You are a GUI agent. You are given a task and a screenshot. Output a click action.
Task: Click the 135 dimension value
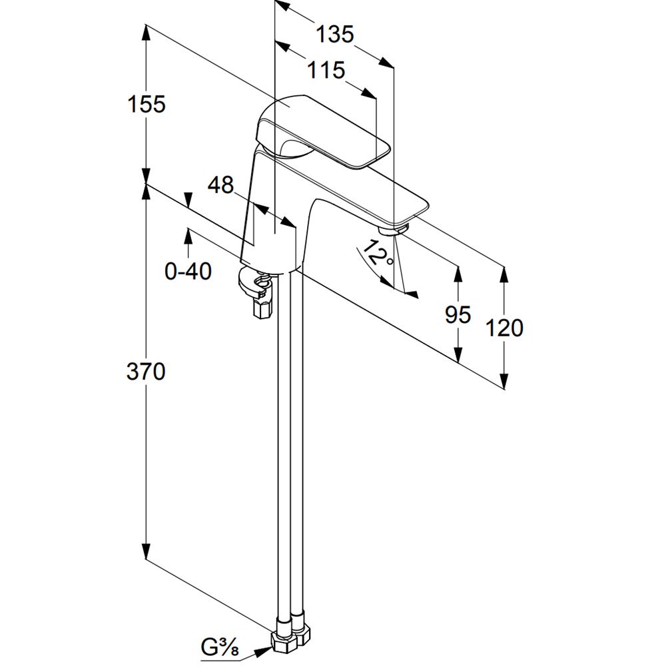pyautogui.click(x=334, y=35)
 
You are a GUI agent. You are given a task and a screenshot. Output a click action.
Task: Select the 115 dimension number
pyautogui.click(x=326, y=70)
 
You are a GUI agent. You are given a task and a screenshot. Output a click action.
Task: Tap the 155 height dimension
pyautogui.click(x=147, y=104)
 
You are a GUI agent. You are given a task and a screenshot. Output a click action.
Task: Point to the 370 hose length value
pyautogui.click(x=146, y=372)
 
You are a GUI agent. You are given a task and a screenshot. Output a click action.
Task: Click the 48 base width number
pyautogui.click(x=221, y=185)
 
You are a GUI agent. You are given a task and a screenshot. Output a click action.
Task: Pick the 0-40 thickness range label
pyautogui.click(x=188, y=271)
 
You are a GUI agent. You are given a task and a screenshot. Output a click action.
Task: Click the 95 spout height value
pyautogui.click(x=458, y=315)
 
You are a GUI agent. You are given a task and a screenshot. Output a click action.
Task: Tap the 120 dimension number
pyautogui.click(x=503, y=328)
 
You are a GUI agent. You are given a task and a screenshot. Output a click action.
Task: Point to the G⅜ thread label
pyautogui.click(x=220, y=647)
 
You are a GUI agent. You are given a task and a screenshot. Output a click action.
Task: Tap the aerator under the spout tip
pyautogui.click(x=393, y=228)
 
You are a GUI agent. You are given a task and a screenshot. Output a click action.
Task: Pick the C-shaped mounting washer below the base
pyautogui.click(x=253, y=282)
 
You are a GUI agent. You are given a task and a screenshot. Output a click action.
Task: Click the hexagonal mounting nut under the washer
pyautogui.click(x=262, y=306)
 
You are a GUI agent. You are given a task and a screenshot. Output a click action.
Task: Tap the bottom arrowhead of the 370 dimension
pyautogui.click(x=146, y=551)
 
